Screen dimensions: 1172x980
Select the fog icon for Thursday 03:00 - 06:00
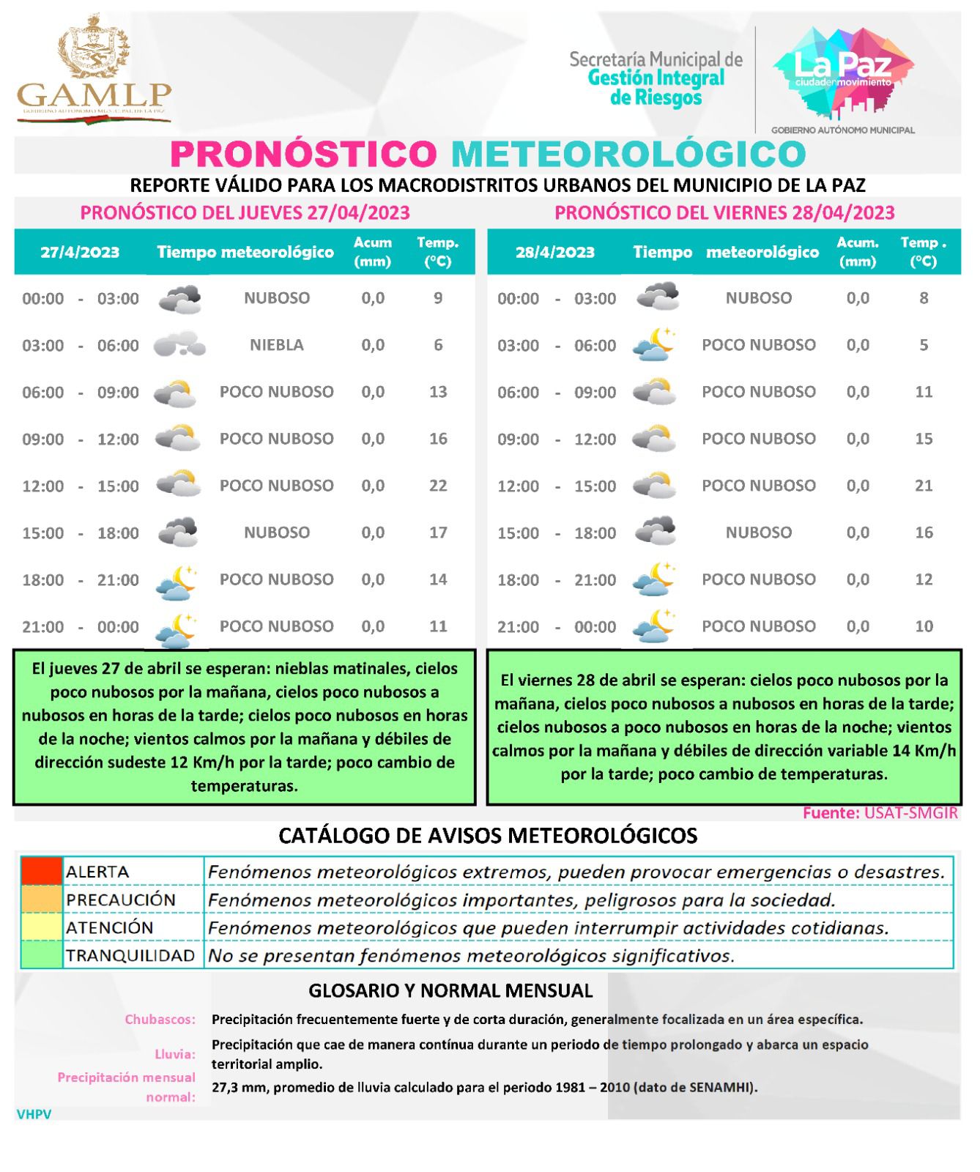179,344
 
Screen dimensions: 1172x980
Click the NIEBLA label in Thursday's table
276,345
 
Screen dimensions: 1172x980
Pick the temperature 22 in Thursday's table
438,486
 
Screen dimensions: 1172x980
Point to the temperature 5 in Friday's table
924,345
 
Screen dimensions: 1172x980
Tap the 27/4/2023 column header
80,252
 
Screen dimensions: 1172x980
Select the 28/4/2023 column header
554,252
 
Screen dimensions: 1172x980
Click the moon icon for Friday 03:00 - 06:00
654,344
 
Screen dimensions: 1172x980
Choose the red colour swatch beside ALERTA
42,871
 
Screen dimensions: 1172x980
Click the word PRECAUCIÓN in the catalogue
121,900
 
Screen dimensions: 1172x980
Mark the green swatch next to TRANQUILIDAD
42,955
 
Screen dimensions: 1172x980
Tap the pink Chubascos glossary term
160,1019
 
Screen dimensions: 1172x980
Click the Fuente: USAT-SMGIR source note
880,813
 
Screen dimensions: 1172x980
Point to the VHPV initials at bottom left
34,1114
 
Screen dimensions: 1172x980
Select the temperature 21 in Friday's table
924,486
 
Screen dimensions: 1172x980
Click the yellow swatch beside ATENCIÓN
42,927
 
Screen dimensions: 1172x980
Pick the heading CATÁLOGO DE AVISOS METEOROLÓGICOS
488,836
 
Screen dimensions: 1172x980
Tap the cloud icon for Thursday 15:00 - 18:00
179,532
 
